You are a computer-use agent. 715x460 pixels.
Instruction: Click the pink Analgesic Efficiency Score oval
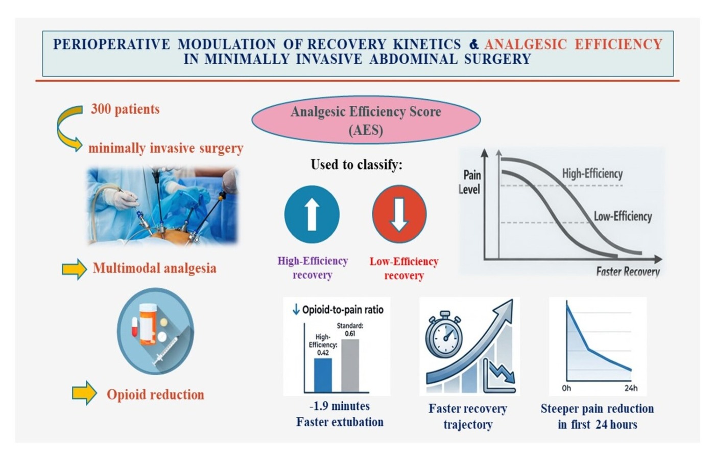point(366,120)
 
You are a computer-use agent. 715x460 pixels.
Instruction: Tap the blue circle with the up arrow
point(312,214)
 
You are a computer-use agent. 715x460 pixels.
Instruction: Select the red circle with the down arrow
point(399,214)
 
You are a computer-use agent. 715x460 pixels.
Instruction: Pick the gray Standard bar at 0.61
point(350,365)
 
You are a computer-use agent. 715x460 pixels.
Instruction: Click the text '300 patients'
point(125,109)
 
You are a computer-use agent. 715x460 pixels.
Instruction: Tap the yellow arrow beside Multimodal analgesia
point(75,269)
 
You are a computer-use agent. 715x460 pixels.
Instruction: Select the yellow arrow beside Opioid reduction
point(84,393)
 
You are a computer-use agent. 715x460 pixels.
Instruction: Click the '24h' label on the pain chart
point(631,388)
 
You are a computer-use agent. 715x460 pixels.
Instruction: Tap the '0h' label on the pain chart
point(566,388)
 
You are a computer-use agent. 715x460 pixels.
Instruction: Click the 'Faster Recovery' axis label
point(628,271)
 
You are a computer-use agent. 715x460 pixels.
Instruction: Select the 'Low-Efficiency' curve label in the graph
point(623,216)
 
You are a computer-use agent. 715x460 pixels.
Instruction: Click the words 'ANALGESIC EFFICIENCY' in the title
point(573,44)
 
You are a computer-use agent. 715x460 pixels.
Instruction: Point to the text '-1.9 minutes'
point(339,406)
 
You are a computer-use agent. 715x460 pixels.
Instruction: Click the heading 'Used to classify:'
point(356,165)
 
